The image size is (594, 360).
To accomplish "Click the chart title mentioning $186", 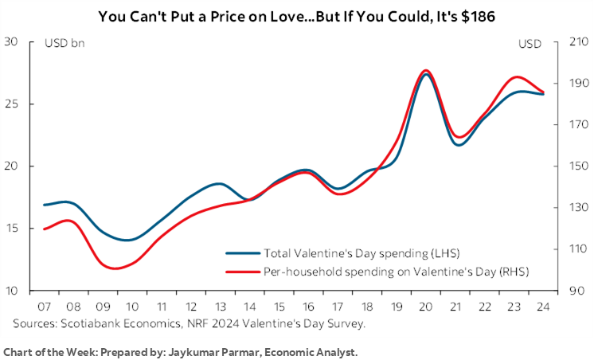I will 296,15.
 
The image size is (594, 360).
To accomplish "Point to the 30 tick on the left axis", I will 12,42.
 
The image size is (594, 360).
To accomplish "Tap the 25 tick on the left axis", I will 12,104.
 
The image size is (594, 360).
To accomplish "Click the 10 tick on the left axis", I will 12,291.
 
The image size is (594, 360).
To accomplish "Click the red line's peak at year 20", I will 425,70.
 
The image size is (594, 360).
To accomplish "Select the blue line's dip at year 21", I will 459,145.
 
